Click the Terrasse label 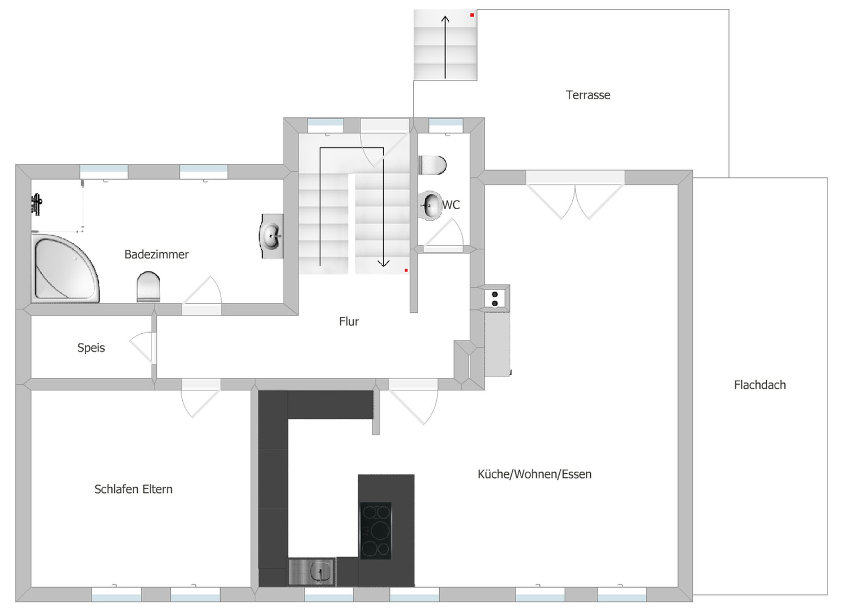(588, 95)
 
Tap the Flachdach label (760, 385)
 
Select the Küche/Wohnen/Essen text (535, 474)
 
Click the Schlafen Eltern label (134, 489)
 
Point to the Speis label (91, 348)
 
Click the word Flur (349, 321)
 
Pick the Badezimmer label (157, 254)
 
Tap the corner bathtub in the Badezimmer (65, 269)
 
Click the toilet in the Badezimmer (148, 287)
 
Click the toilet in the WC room (432, 165)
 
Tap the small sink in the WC (430, 206)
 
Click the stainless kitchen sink (312, 572)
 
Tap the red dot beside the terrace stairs (472, 15)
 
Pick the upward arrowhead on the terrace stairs (445, 19)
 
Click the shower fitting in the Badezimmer (37, 204)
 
